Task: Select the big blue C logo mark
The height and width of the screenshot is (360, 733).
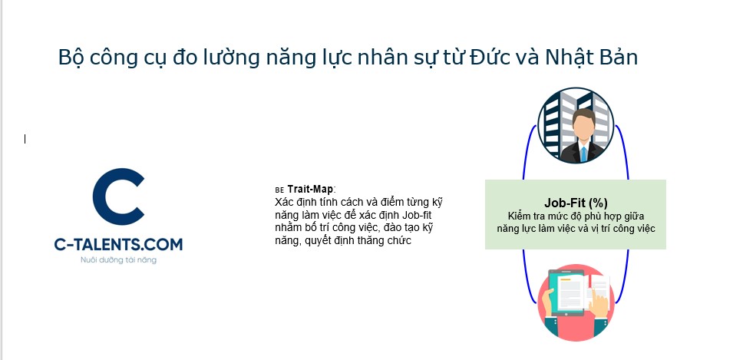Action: (x=119, y=197)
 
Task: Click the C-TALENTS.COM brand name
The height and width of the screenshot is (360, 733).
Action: (x=118, y=245)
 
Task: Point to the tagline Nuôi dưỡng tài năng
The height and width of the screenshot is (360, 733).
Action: (x=119, y=260)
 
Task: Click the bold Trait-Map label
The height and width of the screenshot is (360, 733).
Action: (x=311, y=189)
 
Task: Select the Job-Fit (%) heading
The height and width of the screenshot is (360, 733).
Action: (x=576, y=203)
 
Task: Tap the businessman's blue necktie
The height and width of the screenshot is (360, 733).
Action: (x=583, y=154)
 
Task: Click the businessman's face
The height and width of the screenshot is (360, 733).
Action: (x=583, y=128)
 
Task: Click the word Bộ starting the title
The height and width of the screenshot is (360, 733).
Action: (x=69, y=58)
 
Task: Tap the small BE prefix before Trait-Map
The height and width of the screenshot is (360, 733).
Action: (x=279, y=190)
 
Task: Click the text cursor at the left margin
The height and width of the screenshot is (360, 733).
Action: (x=25, y=139)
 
